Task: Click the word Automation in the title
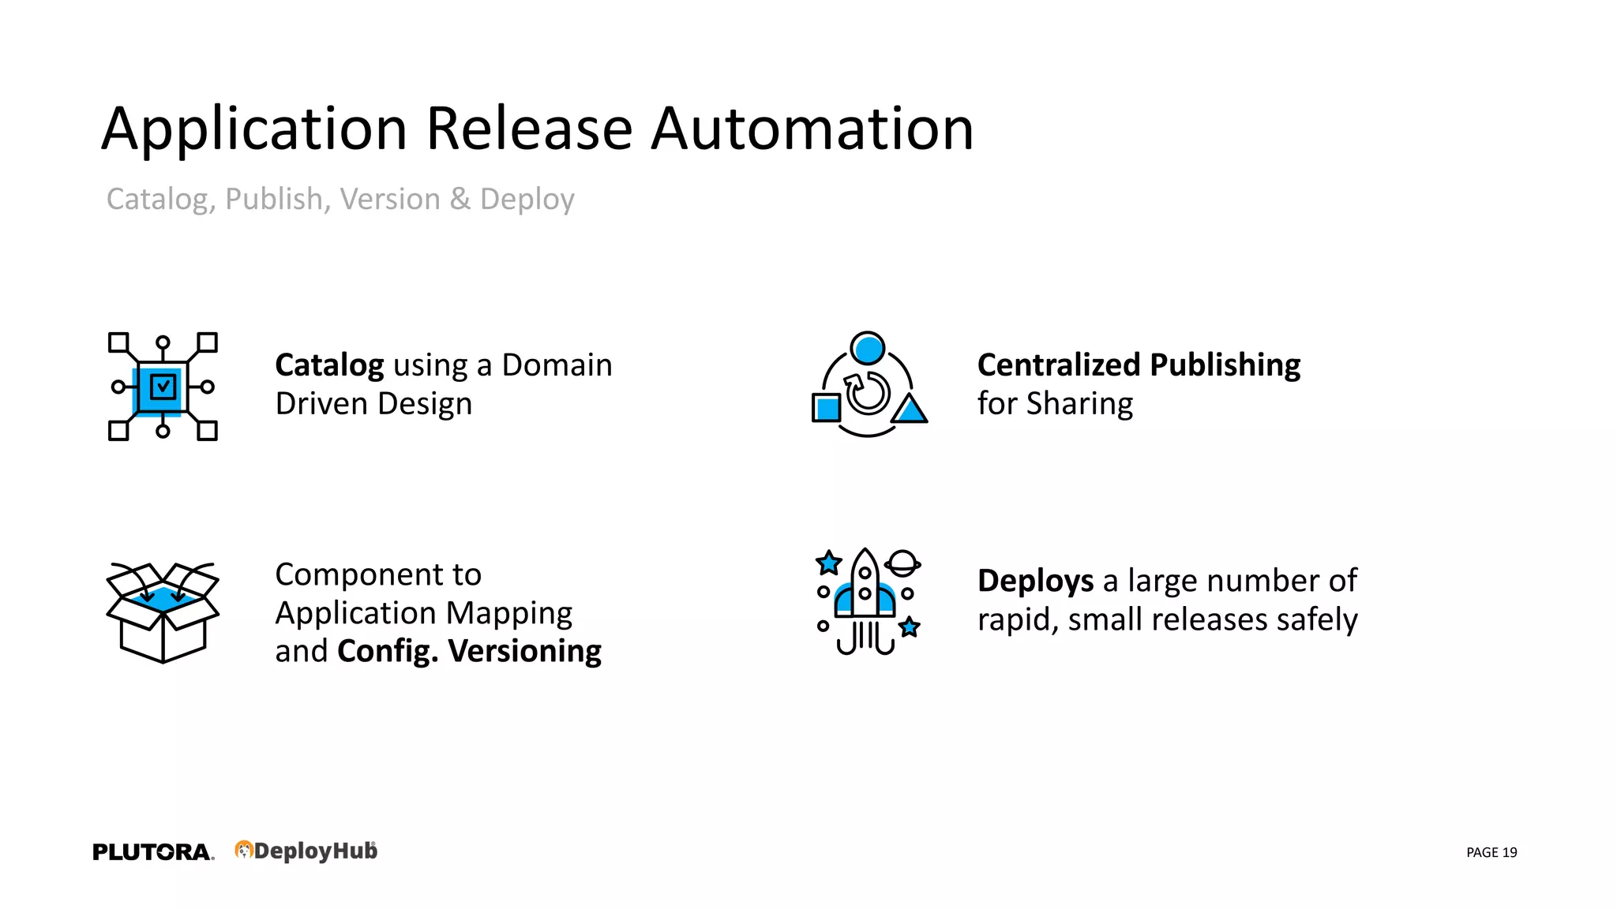[812, 129]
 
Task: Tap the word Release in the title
[529, 129]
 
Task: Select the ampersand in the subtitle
[460, 199]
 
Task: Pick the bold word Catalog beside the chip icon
[329, 365]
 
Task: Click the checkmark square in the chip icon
[163, 387]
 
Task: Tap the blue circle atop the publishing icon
[869, 348]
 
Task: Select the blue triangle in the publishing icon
[910, 410]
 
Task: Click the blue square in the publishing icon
[827, 408]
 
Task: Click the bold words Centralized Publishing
[1139, 365]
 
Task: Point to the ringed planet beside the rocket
[902, 563]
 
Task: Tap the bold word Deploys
[1035, 581]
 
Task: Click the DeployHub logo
[306, 851]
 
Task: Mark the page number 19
[1509, 852]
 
